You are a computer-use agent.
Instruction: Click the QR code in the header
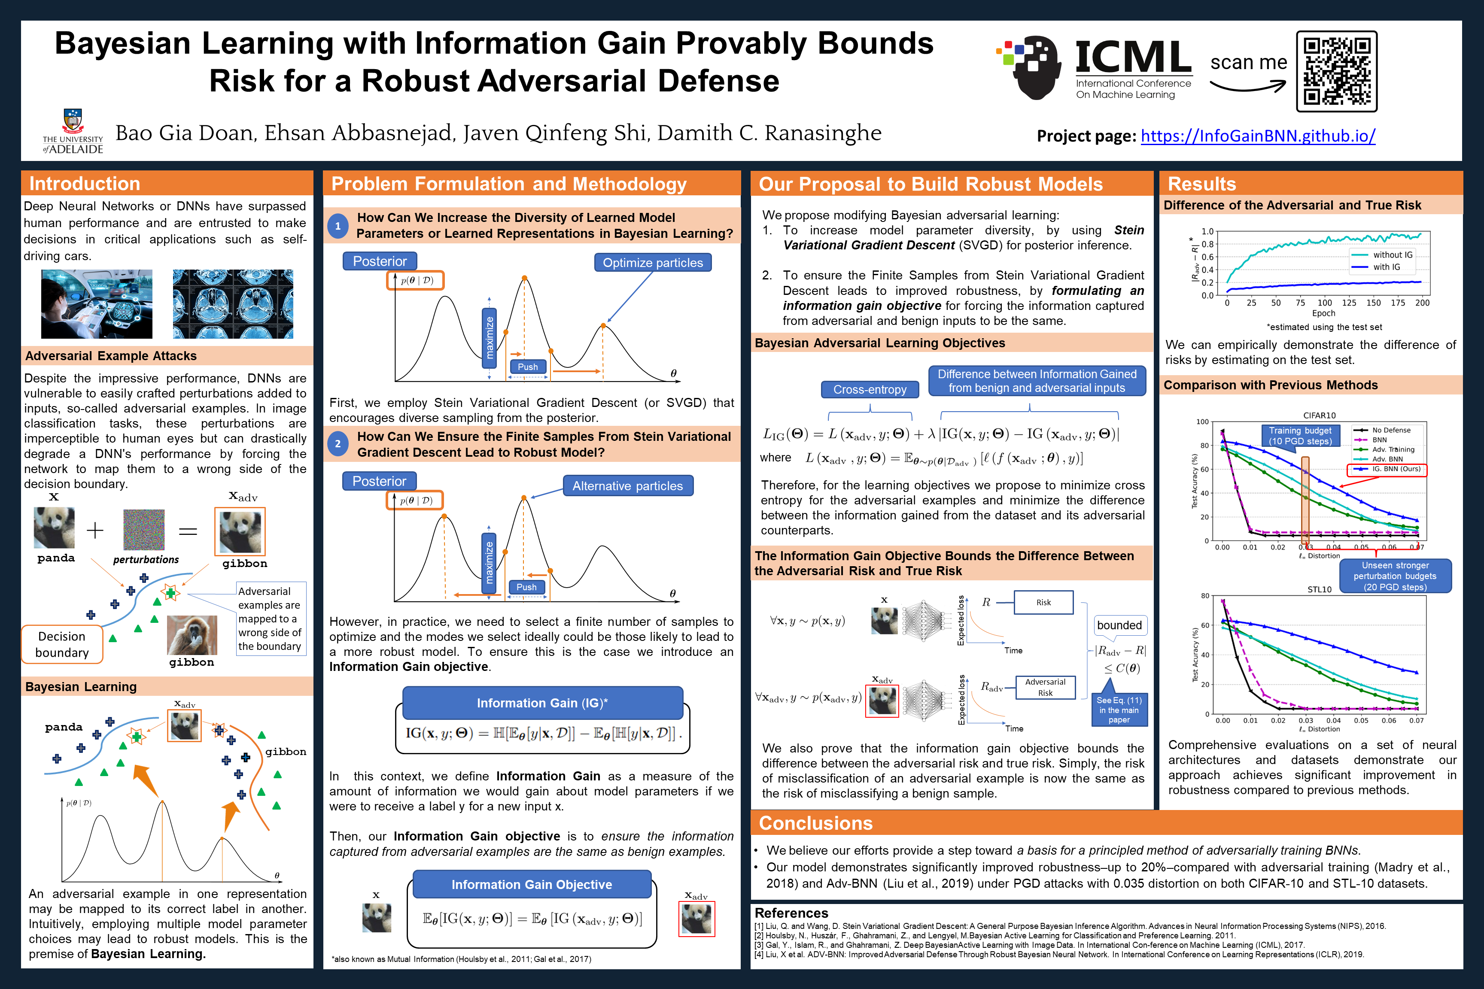coord(1336,71)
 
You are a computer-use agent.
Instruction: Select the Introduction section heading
coord(85,184)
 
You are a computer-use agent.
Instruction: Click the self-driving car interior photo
coord(97,304)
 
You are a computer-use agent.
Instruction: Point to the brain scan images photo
coord(233,304)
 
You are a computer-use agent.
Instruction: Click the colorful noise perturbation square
coord(144,530)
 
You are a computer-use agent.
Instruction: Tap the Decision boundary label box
coord(62,644)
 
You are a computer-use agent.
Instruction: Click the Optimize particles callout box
coord(652,262)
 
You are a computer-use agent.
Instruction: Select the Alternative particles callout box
coord(627,485)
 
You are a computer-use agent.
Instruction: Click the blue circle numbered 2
coord(338,444)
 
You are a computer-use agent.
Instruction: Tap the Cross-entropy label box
coord(870,389)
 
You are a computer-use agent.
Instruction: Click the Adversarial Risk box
coord(1045,687)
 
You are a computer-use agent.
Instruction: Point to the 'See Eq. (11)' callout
coord(1119,710)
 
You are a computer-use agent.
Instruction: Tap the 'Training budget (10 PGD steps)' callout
coord(1300,436)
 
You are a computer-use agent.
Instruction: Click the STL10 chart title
coord(1319,589)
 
